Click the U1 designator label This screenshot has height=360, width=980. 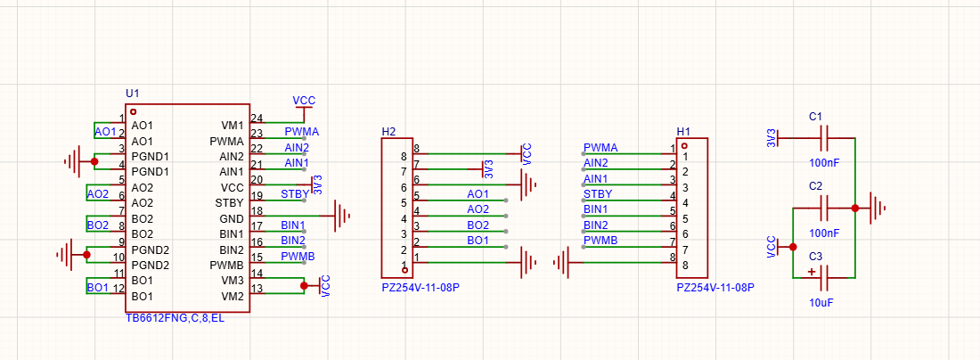pyautogui.click(x=132, y=94)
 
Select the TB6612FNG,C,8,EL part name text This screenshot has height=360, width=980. pyautogui.click(x=176, y=319)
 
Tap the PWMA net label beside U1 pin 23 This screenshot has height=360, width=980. pyautogui.click(x=302, y=132)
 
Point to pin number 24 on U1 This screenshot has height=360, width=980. pyautogui.click(x=257, y=119)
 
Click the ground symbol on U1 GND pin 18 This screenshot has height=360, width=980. pyautogui.click(x=342, y=217)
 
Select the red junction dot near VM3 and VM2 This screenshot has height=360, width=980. pyautogui.click(x=304, y=286)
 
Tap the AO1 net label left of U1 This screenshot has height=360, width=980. pyautogui.click(x=106, y=132)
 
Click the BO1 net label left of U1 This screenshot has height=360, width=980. pyautogui.click(x=97, y=288)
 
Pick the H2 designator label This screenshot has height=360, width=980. pyautogui.click(x=388, y=131)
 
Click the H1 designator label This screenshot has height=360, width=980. pyautogui.click(x=683, y=131)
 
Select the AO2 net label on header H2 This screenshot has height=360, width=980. pyautogui.click(x=478, y=209)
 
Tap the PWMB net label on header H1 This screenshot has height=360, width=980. pyautogui.click(x=600, y=240)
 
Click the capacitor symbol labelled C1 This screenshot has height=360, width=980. pyautogui.click(x=824, y=138)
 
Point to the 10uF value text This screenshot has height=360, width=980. pyautogui.click(x=822, y=302)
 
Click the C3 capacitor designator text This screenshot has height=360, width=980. pyautogui.click(x=815, y=257)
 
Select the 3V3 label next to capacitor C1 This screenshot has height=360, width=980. pyautogui.click(x=772, y=138)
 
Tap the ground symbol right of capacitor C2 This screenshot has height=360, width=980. pyautogui.click(x=878, y=209)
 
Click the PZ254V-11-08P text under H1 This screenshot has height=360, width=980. pyautogui.click(x=715, y=288)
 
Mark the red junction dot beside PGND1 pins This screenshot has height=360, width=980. pyautogui.click(x=94, y=162)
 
